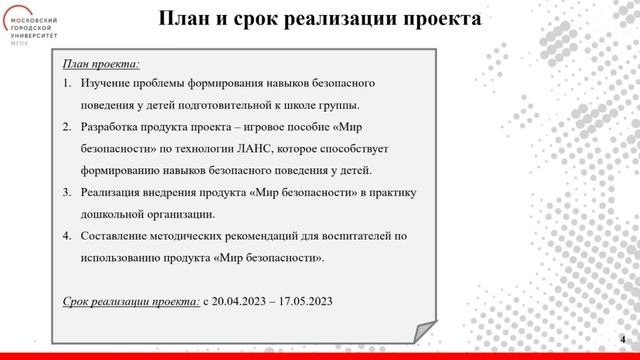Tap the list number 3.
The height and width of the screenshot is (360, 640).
point(67,192)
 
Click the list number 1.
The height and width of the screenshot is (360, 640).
point(67,83)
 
